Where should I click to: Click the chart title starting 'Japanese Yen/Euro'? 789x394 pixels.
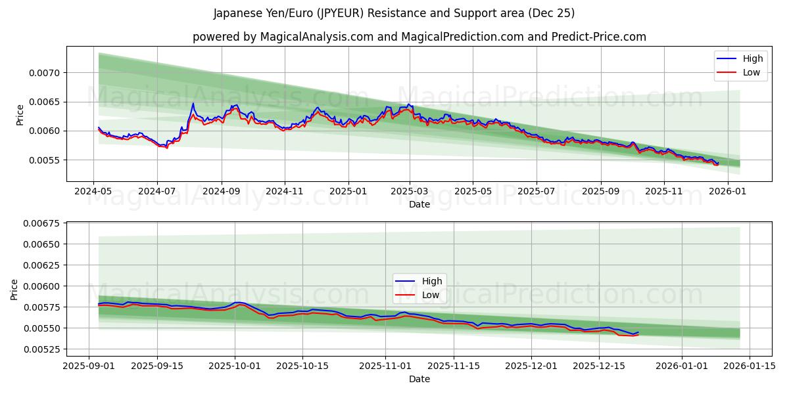pyautogui.click(x=394, y=13)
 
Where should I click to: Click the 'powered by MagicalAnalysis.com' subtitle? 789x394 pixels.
pyautogui.click(x=419, y=37)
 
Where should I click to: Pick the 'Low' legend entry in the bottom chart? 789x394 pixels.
pyautogui.click(x=430, y=295)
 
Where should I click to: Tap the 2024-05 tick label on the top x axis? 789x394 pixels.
pyautogui.click(x=93, y=191)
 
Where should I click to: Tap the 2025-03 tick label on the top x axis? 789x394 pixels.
pyautogui.click(x=410, y=191)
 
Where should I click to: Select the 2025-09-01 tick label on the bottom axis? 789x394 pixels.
pyautogui.click(x=89, y=365)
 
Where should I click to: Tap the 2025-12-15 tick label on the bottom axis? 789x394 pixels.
pyautogui.click(x=598, y=365)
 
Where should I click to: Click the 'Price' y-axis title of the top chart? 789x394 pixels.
pyautogui.click(x=20, y=115)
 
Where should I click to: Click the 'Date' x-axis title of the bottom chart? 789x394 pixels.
pyautogui.click(x=419, y=379)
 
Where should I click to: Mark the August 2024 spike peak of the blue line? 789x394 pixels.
pyautogui.click(x=193, y=103)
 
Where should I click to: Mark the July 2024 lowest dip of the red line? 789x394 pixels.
pyautogui.click(x=166, y=148)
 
